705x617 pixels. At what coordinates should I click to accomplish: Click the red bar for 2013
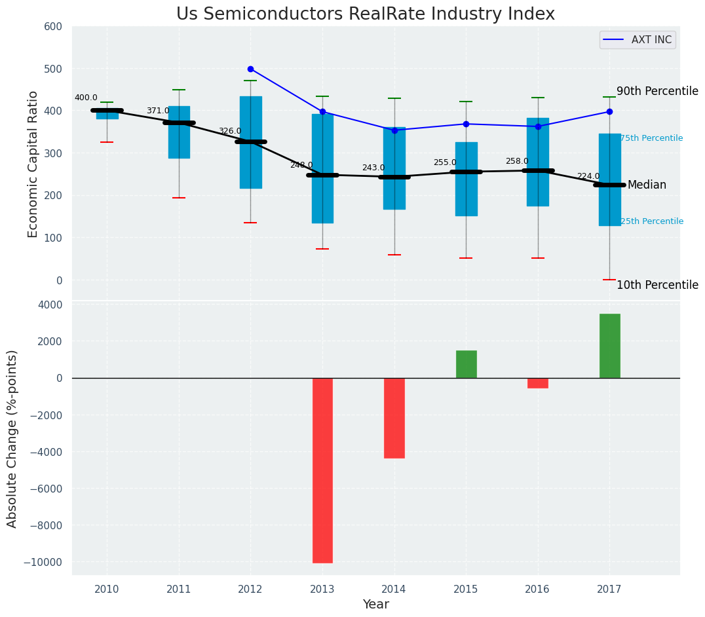(322, 470)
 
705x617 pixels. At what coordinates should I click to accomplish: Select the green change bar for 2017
(609, 346)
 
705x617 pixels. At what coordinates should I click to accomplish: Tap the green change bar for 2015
(466, 364)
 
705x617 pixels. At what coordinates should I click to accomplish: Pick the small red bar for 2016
(538, 383)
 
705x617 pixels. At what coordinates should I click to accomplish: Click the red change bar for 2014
(394, 418)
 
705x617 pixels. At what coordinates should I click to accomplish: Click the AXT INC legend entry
(638, 40)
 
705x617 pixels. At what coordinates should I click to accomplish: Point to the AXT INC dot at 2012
(250, 69)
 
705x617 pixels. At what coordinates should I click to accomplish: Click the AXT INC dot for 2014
(394, 130)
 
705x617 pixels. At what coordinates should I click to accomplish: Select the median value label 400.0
(86, 98)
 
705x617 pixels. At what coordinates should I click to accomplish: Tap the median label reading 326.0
(229, 131)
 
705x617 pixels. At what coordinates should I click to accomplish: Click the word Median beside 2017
(647, 185)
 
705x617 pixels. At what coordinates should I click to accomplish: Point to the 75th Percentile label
(651, 138)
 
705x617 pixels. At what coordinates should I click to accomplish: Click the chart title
(366, 14)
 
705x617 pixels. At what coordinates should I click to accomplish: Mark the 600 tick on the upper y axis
(53, 27)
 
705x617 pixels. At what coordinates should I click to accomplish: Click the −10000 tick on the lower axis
(43, 562)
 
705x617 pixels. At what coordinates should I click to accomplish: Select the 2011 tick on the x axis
(179, 589)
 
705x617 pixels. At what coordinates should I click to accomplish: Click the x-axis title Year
(376, 605)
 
